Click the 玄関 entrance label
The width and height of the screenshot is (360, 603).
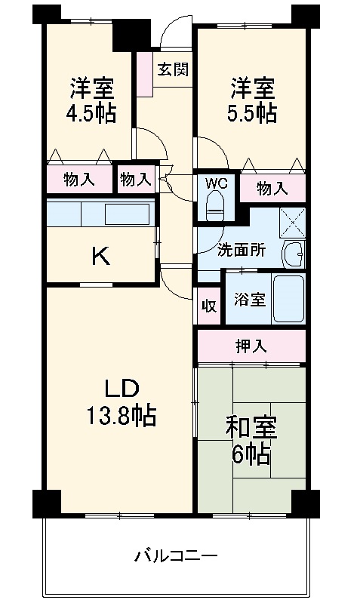click(173, 70)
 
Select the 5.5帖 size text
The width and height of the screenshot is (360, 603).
click(254, 113)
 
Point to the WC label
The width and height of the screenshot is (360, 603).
click(216, 182)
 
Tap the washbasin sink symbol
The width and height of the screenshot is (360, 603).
click(293, 254)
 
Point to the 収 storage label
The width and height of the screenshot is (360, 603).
click(208, 306)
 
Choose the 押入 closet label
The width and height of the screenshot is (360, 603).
click(251, 346)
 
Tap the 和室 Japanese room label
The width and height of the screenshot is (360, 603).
click(251, 428)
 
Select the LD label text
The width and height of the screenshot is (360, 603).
click(121, 389)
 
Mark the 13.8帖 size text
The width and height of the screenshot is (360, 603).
click(121, 416)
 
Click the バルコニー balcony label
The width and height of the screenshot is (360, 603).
click(176, 557)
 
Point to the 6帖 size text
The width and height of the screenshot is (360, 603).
click(251, 455)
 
